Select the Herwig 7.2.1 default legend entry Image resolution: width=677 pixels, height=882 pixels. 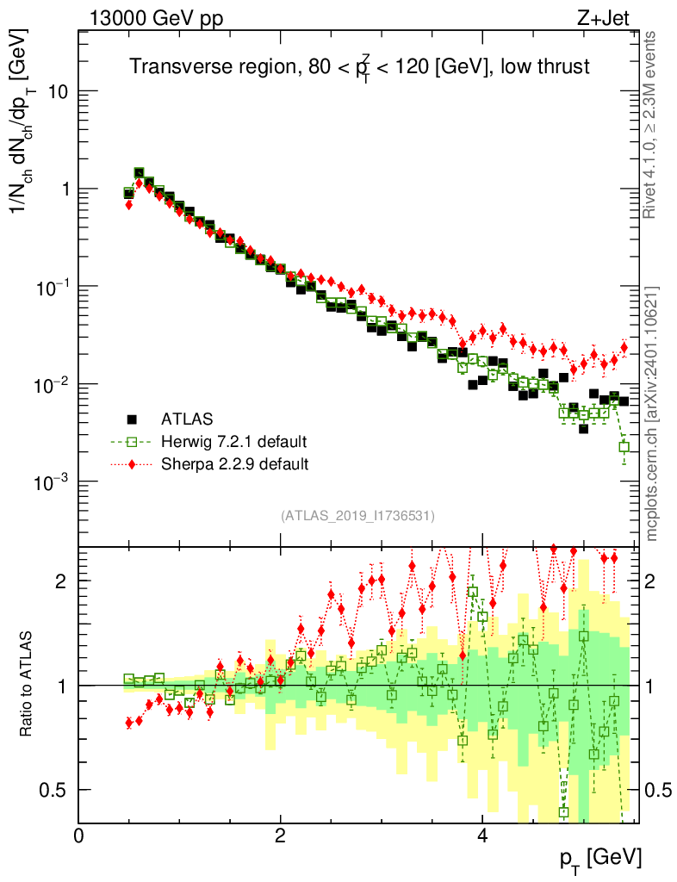pyautogui.click(x=233, y=443)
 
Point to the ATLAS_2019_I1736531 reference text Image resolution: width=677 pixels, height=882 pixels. pyautogui.click(x=357, y=516)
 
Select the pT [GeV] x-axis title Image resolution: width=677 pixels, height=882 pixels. pyautogui.click(x=599, y=857)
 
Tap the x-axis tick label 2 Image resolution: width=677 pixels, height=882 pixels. pyautogui.click(x=281, y=835)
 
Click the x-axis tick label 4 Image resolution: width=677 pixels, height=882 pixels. pyautogui.click(x=482, y=835)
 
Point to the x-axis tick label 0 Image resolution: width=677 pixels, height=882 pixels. pyautogui.click(x=79, y=835)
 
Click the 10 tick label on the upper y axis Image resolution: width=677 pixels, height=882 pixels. pyautogui.click(x=57, y=92)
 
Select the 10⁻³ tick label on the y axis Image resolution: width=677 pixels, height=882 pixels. pyautogui.click(x=52, y=481)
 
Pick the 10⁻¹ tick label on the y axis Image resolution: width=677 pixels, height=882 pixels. pyautogui.click(x=52, y=287)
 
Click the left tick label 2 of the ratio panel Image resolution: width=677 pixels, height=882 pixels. pyautogui.click(x=61, y=581)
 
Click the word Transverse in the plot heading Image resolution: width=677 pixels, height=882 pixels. pyautogui.click(x=175, y=67)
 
